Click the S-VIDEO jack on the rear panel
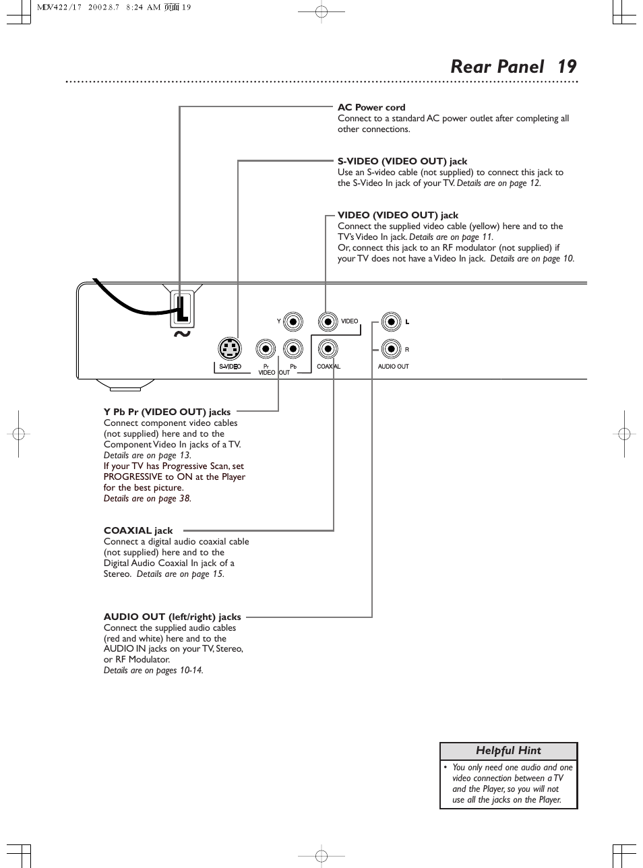coord(230,348)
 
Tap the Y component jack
coord(293,321)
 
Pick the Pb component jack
coord(293,348)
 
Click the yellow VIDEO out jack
coord(328,321)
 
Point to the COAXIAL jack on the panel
coord(328,348)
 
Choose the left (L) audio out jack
coord(390,321)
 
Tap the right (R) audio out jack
coord(390,349)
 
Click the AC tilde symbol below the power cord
coord(181,334)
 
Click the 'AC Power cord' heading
coord(371,107)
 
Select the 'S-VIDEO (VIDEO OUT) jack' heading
coord(402,161)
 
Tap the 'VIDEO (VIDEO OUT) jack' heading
coord(398,215)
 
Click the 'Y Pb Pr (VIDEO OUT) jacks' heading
coord(167,412)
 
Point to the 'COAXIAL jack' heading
coord(138,530)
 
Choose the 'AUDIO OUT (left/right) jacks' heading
coord(172,617)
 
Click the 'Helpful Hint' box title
coord(508,751)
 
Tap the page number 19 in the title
coord(567,66)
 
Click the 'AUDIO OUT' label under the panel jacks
coord(393,367)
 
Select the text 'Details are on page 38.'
coord(148,499)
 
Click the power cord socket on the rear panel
coord(181,309)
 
